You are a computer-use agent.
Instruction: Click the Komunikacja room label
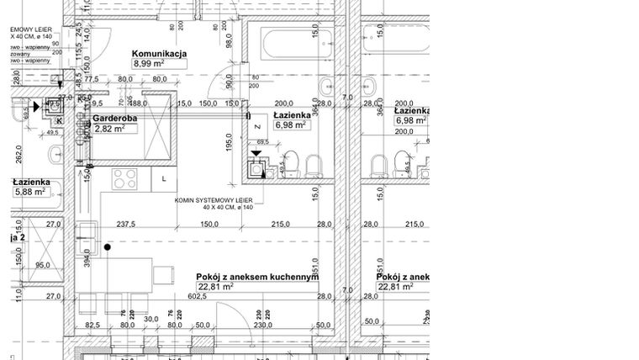coord(159,56)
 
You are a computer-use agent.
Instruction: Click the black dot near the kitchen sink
coord(108,247)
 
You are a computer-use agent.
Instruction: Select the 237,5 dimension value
coord(127,225)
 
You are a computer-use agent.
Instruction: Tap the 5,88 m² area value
coord(29,193)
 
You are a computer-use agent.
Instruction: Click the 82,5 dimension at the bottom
coord(92,324)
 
